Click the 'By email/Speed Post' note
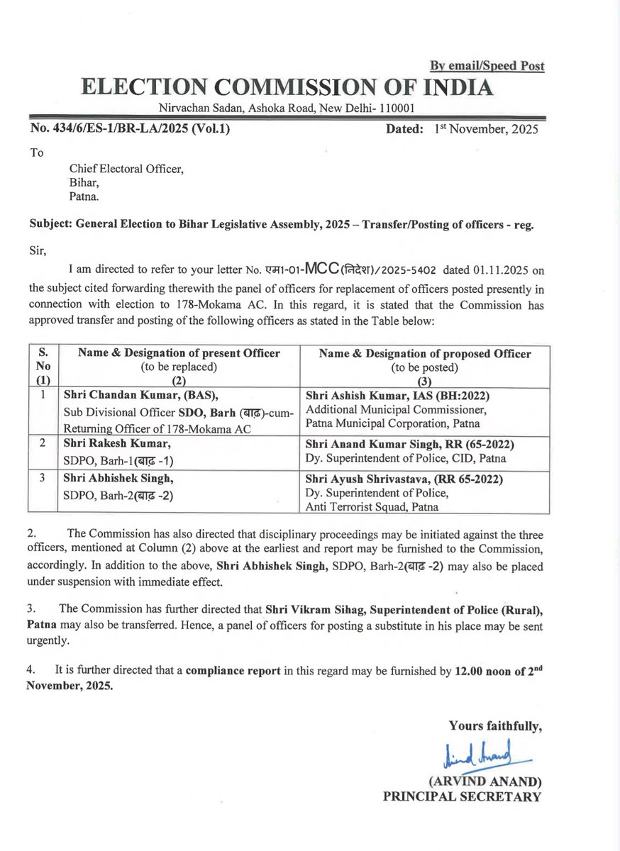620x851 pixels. click(x=487, y=66)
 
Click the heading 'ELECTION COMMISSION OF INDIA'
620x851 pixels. click(x=286, y=87)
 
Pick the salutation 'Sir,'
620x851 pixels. click(x=38, y=250)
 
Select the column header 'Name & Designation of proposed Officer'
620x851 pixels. click(x=425, y=353)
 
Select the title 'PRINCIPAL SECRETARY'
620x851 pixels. click(x=462, y=796)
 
